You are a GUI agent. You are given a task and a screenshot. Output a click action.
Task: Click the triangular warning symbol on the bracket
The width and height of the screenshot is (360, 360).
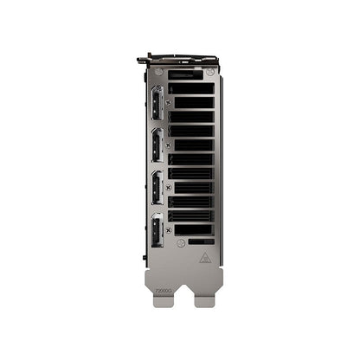pos(205,256)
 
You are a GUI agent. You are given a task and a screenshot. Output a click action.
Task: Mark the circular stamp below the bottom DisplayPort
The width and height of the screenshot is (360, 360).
pos(180,243)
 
